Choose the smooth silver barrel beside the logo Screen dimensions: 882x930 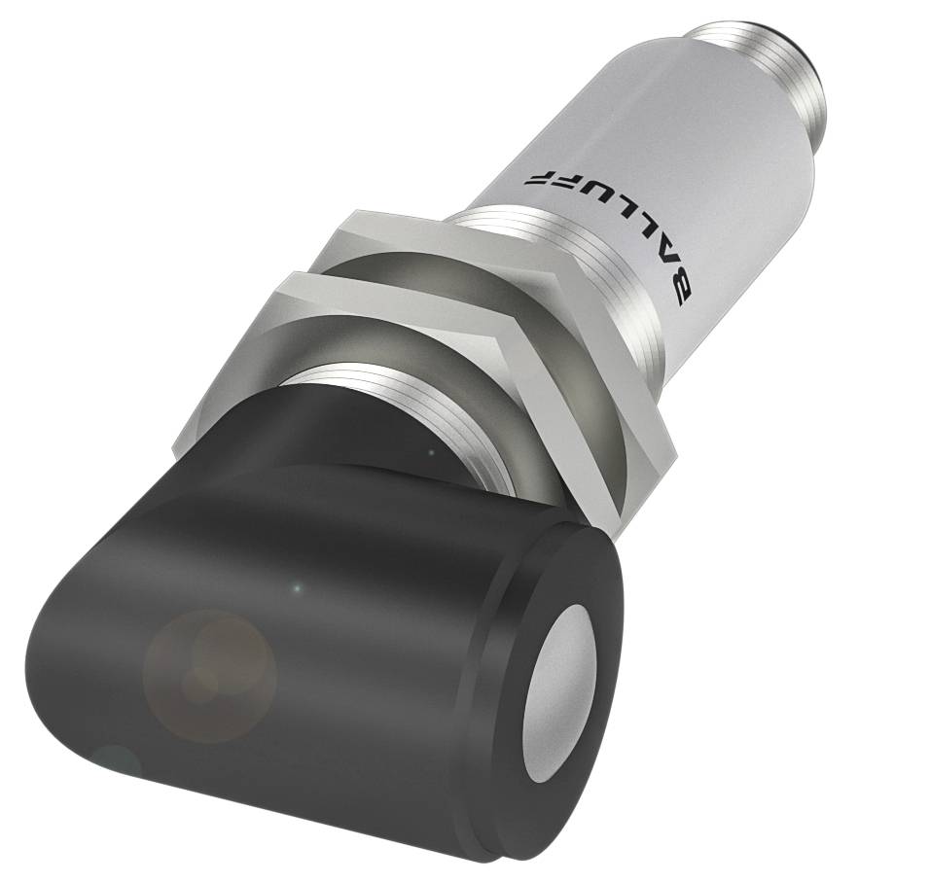pyautogui.click(x=700, y=194)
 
